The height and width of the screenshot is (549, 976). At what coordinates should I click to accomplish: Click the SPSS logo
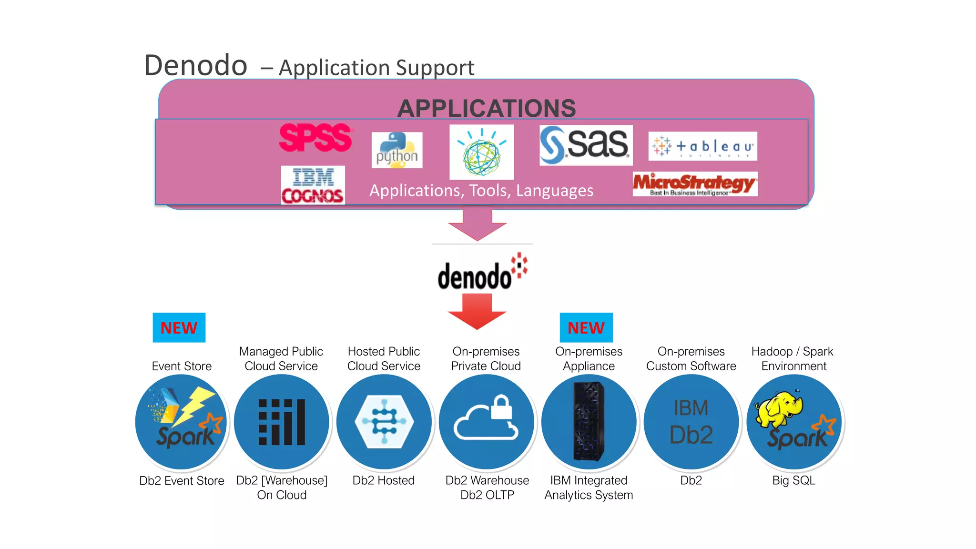click(x=315, y=138)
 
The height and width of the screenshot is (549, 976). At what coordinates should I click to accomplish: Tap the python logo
click(x=397, y=150)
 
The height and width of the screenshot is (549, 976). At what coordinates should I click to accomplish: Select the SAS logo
click(x=586, y=145)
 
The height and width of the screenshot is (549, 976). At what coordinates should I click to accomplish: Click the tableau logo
click(x=702, y=146)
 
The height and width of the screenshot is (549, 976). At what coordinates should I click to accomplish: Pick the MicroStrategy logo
click(x=695, y=184)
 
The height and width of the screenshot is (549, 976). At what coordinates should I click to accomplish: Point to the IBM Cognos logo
click(x=313, y=185)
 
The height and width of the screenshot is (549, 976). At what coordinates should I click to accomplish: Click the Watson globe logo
click(x=481, y=152)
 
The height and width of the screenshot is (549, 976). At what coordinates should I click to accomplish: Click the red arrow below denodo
click(x=477, y=311)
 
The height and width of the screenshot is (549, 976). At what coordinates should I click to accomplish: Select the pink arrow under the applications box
click(x=477, y=223)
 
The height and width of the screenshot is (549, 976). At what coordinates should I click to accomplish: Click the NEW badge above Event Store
click(x=179, y=327)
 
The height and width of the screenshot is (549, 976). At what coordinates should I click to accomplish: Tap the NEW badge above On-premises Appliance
click(x=586, y=327)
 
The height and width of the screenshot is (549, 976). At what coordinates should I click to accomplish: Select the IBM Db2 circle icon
click(x=691, y=422)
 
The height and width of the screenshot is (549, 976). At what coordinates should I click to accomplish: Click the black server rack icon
click(x=589, y=421)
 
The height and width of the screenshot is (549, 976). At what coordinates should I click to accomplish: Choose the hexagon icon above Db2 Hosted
click(x=384, y=422)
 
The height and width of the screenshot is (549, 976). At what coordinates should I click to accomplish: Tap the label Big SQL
click(x=793, y=480)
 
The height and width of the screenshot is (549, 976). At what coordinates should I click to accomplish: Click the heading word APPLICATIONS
click(x=487, y=108)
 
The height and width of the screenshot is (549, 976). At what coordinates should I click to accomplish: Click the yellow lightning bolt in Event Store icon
click(x=194, y=405)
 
